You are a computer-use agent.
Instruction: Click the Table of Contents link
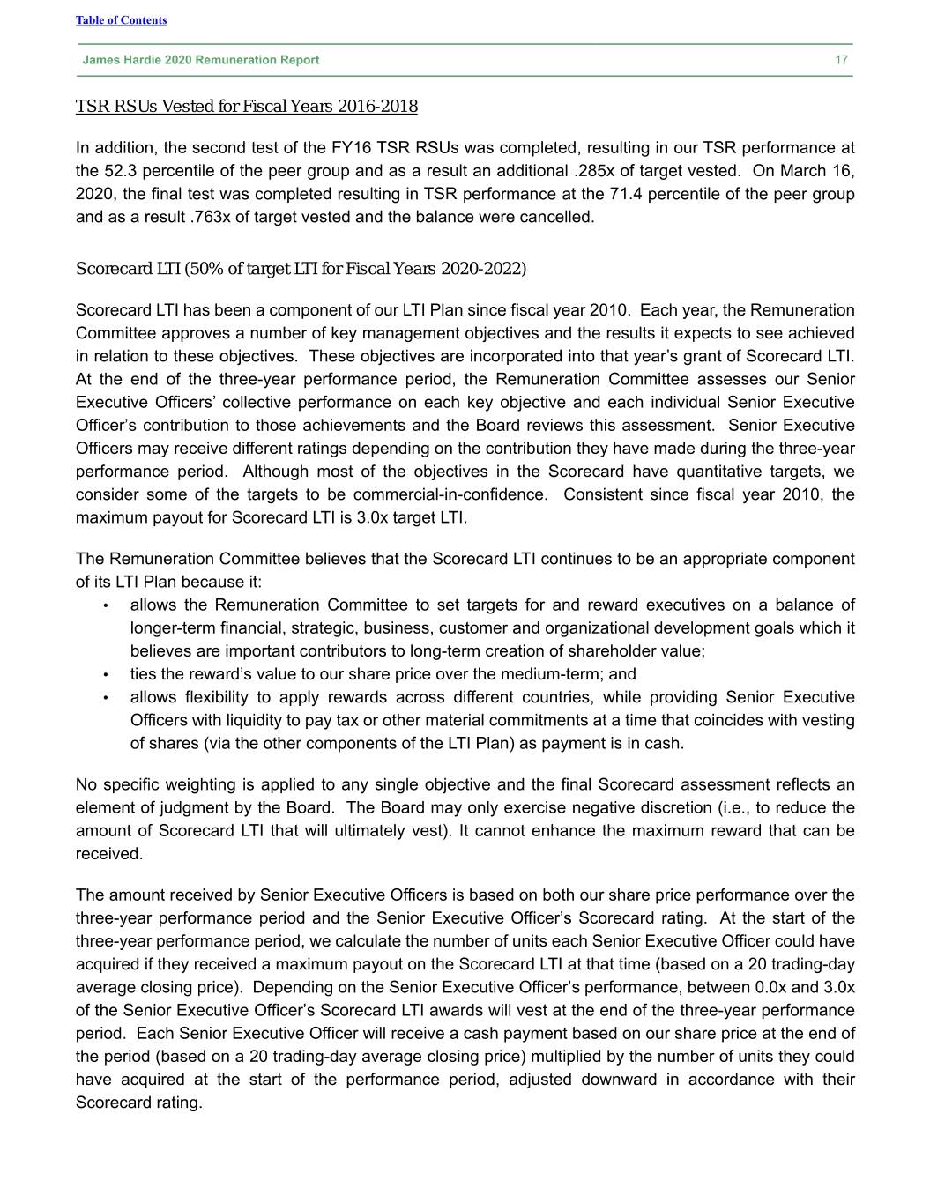point(121,20)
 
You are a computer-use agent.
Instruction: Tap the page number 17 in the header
point(842,60)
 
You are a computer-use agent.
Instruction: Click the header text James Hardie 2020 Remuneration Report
point(201,60)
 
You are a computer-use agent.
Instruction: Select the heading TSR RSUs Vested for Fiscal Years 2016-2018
point(247,107)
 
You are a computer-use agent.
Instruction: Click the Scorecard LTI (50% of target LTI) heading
point(301,268)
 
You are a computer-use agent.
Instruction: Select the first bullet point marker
point(105,605)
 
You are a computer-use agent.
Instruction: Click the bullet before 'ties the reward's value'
point(105,675)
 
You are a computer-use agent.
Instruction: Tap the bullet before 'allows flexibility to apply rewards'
point(105,698)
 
